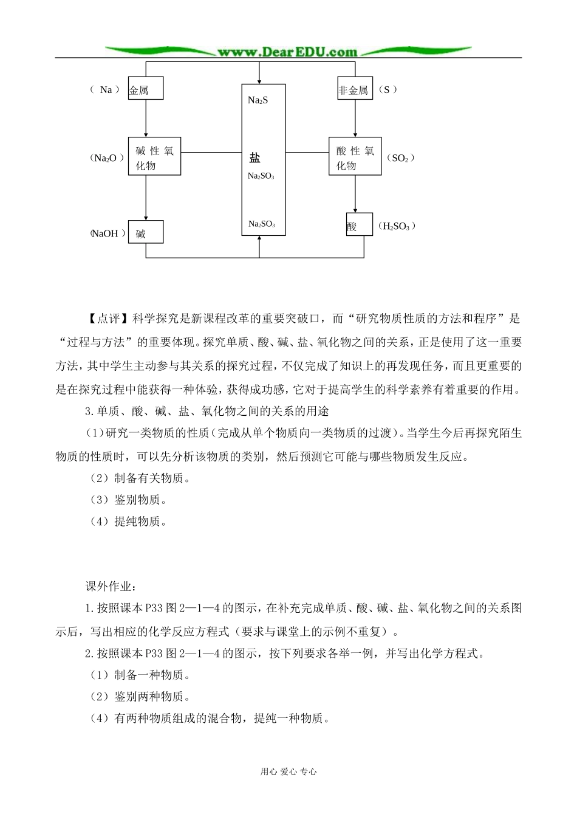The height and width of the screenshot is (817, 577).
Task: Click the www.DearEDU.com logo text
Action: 287,52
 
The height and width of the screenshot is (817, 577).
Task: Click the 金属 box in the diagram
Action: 146,90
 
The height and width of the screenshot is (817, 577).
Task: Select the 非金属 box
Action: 355,90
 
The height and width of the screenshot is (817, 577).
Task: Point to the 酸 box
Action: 359,226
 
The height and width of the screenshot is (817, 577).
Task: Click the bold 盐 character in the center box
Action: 255,158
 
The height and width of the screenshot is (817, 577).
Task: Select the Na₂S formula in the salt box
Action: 258,100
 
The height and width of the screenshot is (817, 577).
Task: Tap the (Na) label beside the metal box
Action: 106,90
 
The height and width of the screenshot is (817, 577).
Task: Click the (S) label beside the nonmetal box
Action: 388,90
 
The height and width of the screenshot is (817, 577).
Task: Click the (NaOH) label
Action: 108,233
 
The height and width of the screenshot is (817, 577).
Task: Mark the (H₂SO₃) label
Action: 397,226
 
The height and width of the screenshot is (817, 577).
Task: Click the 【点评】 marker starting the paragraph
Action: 100,318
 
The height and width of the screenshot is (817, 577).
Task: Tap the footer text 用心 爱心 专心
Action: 288,771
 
